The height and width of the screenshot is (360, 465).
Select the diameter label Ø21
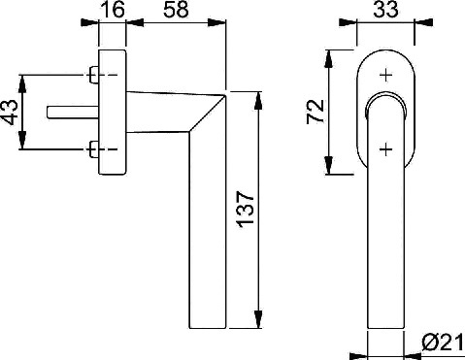tap(442, 344)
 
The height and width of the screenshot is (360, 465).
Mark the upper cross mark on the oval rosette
tap(384, 74)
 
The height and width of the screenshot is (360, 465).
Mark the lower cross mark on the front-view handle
tap(384, 147)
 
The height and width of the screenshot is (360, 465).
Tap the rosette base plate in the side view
tap(112, 112)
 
